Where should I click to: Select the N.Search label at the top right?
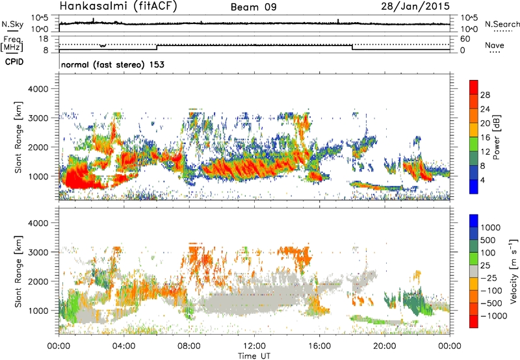[x=502, y=24]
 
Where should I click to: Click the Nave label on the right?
[x=496, y=46]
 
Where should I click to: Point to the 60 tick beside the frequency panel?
[x=465, y=39]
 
